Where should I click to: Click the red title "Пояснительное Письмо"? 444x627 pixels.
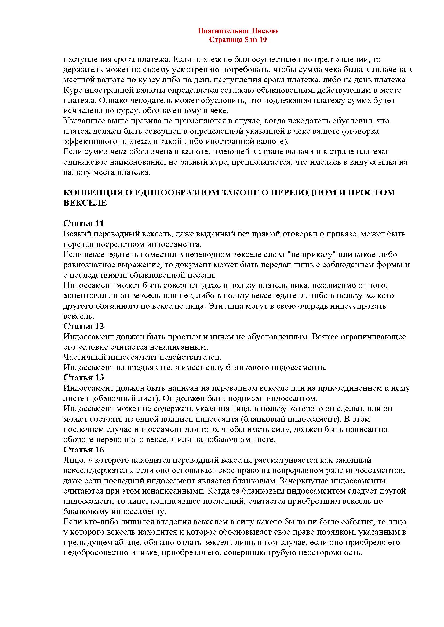coord(238,31)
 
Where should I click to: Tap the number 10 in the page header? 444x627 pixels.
coord(263,40)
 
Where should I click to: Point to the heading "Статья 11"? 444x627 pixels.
coord(83,223)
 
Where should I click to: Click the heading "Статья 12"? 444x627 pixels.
coord(83,326)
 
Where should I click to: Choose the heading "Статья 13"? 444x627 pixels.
coord(83,377)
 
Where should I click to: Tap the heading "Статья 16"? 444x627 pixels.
coord(83,450)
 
